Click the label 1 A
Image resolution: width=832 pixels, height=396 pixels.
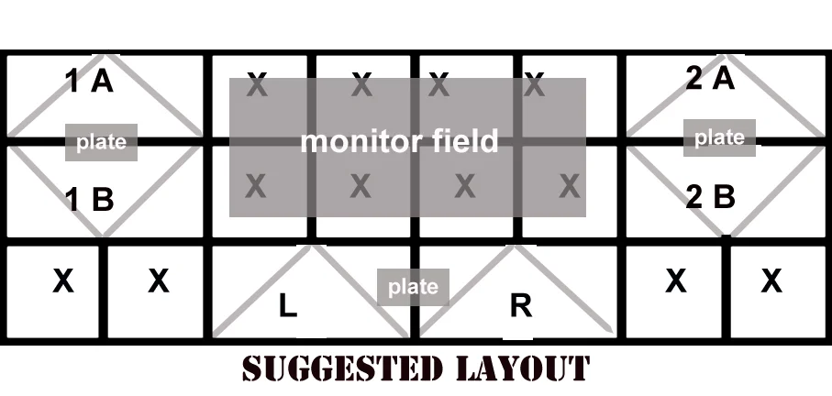(89, 82)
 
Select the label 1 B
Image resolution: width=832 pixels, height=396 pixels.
(89, 199)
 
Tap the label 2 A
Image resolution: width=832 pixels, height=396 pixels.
(710, 79)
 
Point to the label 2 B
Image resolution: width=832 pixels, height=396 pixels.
(710, 196)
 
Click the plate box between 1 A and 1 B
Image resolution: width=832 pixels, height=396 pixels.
(101, 142)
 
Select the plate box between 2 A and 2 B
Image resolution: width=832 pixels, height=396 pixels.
(719, 137)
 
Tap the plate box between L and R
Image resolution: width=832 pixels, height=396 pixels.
(413, 287)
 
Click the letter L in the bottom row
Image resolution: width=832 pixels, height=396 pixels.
(287, 307)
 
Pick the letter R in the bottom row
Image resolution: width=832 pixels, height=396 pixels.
(520, 305)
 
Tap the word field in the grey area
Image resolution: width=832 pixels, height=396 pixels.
(464, 141)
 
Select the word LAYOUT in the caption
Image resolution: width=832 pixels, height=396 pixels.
(520, 368)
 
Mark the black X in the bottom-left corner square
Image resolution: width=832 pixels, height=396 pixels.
(62, 281)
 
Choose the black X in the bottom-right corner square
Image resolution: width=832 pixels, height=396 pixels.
(771, 281)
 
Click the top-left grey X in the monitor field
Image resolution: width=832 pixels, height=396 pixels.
(257, 87)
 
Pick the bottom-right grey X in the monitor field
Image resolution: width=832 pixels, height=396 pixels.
(570, 186)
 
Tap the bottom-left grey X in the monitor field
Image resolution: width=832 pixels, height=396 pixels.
(256, 186)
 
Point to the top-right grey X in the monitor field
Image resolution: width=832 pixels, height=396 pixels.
(534, 87)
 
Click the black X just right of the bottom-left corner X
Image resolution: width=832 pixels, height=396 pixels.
(159, 281)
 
